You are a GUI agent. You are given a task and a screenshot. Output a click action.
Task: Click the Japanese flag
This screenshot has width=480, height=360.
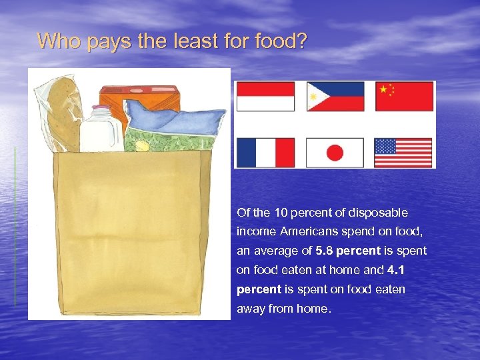(335, 153)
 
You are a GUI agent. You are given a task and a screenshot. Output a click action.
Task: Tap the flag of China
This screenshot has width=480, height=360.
(404, 97)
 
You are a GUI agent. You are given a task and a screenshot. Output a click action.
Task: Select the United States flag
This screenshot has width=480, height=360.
(403, 153)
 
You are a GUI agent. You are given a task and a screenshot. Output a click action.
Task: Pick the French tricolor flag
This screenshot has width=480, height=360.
(265, 153)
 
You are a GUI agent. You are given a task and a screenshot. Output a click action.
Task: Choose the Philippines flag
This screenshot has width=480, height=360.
(335, 97)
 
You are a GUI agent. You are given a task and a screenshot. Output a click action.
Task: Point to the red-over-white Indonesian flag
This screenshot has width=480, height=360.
(265, 97)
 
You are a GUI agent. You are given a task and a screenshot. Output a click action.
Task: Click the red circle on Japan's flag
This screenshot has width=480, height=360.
(335, 153)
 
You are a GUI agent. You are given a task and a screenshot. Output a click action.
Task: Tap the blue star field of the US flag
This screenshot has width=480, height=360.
(385, 146)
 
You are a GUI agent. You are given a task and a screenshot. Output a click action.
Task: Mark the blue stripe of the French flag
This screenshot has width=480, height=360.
(246, 153)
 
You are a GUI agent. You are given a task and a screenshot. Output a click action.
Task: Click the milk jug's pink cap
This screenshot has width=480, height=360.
(101, 109)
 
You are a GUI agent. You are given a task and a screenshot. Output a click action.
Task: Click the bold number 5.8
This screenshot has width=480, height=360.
(325, 251)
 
